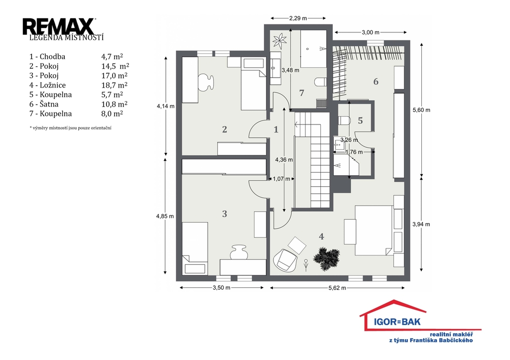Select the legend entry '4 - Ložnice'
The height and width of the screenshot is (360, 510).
coord(47,85)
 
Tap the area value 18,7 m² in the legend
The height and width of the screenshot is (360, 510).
coord(114,85)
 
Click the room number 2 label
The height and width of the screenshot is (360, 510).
coord(225,129)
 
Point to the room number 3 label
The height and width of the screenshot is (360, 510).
coord(225,214)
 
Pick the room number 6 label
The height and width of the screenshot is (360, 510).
coord(376,81)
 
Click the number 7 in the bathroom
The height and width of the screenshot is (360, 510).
coord(301,93)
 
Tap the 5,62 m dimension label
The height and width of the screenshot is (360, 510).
coord(337,288)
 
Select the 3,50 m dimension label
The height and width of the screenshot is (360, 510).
coord(222,288)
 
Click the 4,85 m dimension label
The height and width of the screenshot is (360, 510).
coord(165,216)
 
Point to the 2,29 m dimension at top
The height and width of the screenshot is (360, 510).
coord(298,18)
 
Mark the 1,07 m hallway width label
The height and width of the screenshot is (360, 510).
coord(281,179)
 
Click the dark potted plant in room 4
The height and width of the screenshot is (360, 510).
coord(326,258)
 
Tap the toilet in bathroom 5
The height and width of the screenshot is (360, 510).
coord(344,120)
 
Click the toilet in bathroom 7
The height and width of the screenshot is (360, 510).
coord(320,82)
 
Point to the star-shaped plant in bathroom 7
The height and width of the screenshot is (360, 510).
coord(279,41)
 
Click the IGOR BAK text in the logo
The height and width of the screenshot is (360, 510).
coord(397,322)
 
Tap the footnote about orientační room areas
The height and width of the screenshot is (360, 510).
coord(70,128)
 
